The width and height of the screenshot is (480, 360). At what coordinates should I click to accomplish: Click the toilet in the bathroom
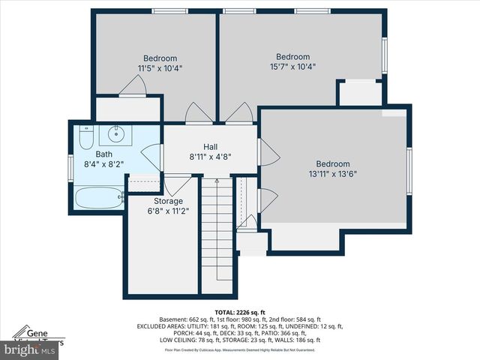tap(85, 138)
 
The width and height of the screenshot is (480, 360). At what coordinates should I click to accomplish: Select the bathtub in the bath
tap(99, 198)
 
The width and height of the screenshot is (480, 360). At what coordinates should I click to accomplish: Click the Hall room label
tap(210, 147)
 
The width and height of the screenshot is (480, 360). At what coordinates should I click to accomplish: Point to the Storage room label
tap(168, 201)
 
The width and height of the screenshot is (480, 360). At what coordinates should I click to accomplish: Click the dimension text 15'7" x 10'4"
tap(292, 66)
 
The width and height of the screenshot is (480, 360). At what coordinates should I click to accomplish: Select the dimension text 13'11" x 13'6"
tap(332, 174)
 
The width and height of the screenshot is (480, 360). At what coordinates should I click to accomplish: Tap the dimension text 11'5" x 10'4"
tap(160, 68)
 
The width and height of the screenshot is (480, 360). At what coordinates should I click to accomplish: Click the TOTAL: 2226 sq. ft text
tap(240, 311)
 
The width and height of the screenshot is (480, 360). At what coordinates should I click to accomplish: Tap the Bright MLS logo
tap(30, 349)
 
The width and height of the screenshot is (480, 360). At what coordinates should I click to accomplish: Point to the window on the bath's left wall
tap(71, 166)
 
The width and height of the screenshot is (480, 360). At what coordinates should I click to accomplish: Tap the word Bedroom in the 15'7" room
tap(292, 57)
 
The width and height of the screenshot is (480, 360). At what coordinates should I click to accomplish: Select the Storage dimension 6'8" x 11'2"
tap(168, 211)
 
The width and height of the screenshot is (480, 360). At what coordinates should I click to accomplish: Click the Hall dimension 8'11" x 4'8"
tap(210, 157)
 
